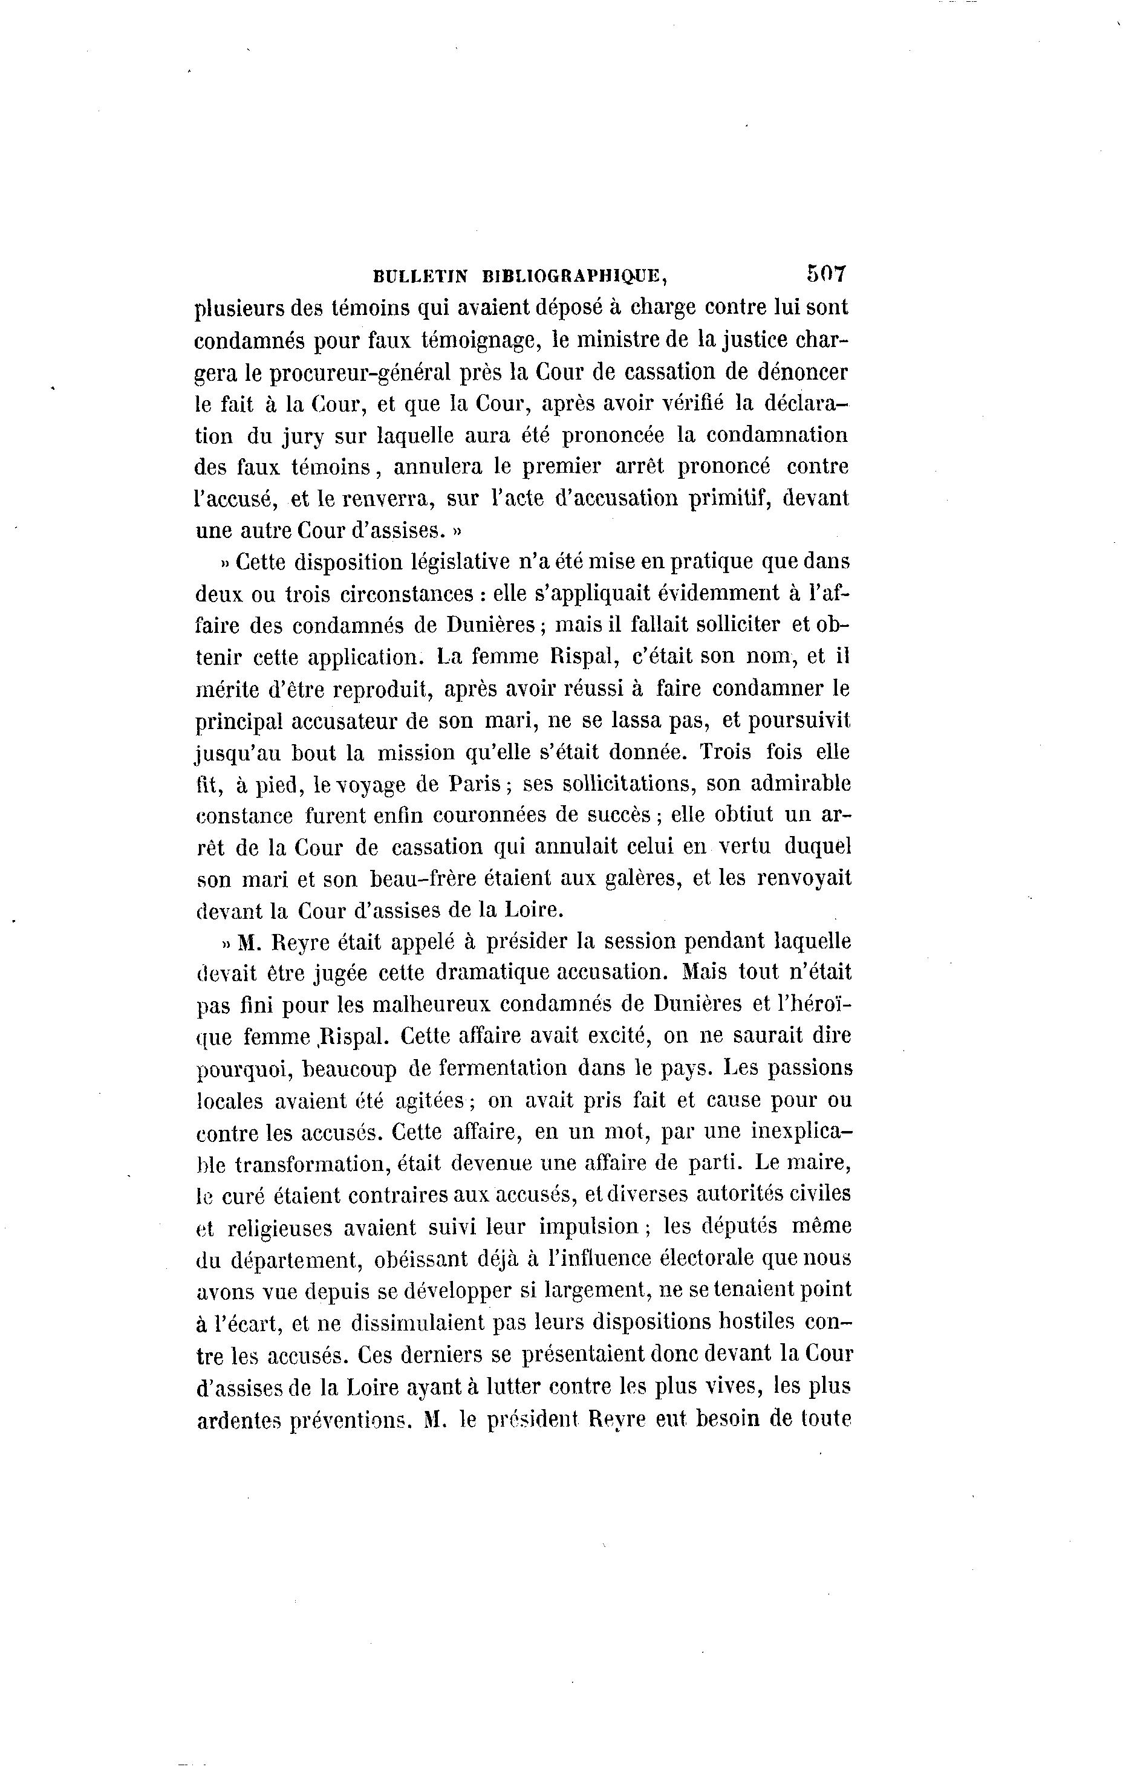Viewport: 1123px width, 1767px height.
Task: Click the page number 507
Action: coord(827,274)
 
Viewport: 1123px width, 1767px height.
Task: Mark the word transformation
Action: coord(313,1164)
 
